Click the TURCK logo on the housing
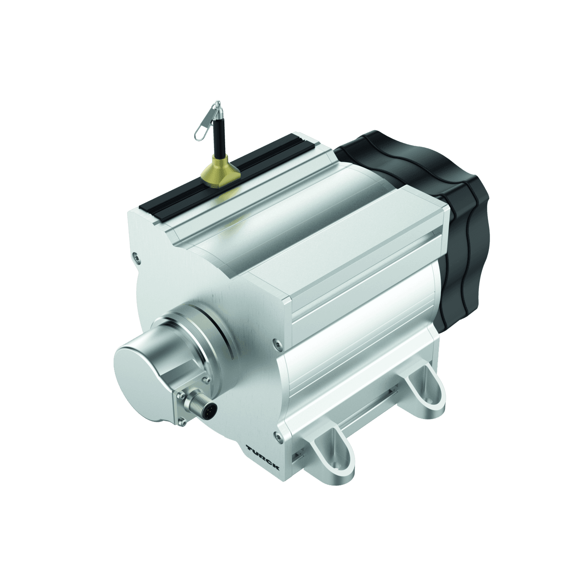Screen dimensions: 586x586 click(x=263, y=457)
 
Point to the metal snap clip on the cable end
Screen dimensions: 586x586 click(x=206, y=123)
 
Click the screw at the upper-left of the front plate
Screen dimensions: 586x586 click(x=134, y=254)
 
